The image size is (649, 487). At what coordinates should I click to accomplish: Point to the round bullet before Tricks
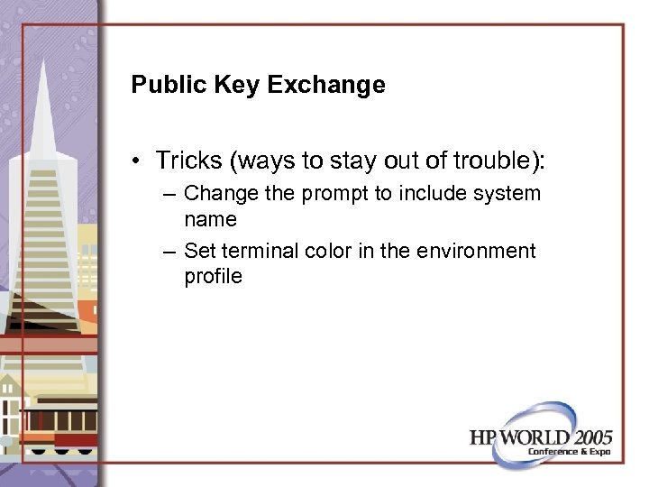click(134, 161)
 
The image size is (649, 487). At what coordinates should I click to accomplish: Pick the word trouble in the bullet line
click(498, 161)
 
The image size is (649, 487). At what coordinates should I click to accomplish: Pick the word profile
click(213, 276)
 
